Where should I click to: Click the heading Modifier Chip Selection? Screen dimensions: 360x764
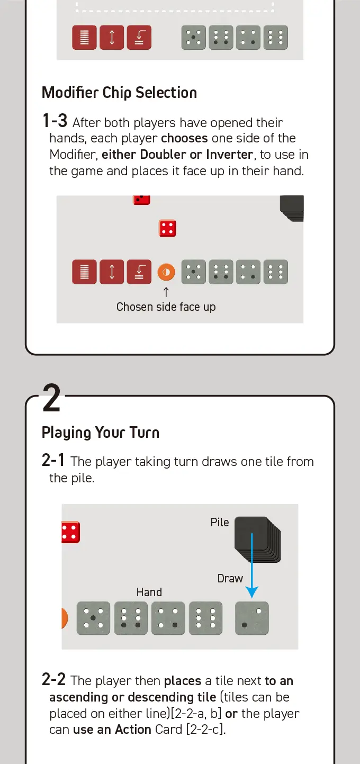119,93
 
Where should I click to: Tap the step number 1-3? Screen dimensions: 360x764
55,121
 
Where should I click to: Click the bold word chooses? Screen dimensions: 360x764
184,139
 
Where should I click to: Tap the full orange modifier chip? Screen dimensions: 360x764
166,272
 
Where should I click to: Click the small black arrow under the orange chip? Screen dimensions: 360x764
166,292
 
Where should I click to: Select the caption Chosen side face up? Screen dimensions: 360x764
166,307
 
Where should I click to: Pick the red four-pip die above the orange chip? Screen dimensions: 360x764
167,228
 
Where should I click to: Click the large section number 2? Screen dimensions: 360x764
51,398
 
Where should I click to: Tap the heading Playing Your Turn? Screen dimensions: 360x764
101,433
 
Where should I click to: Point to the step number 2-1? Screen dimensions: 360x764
53,460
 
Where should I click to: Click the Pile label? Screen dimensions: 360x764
220,522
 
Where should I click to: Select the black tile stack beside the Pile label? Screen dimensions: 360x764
257,539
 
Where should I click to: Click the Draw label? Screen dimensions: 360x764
230,579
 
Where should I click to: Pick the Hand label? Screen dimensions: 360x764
149,592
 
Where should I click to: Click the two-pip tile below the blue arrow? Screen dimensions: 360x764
252,618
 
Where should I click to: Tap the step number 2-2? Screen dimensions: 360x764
54,679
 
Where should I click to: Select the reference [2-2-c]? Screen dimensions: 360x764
206,729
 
